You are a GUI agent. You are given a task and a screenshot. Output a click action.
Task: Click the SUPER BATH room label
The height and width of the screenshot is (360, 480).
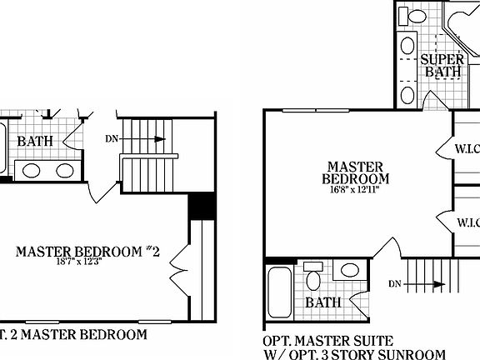442,66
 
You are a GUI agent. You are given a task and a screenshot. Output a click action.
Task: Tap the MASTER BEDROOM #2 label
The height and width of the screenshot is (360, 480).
87,252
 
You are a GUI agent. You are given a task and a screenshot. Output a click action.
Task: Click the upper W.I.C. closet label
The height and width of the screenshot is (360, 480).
467,151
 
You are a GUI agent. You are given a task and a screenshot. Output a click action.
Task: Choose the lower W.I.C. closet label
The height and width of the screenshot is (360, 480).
467,222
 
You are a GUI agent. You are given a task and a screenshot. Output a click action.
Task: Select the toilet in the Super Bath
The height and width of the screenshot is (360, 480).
414,16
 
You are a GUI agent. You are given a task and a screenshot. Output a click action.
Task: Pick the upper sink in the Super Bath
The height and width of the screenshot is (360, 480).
408,45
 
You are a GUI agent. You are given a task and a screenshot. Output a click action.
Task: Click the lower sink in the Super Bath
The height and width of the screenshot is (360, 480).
407,93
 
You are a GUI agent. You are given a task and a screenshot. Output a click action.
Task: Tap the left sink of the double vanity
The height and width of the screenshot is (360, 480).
32,171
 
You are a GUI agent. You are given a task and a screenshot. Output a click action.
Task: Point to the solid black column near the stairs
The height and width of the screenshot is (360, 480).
201,206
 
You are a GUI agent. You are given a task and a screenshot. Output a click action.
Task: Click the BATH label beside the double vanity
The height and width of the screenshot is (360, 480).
35,141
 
